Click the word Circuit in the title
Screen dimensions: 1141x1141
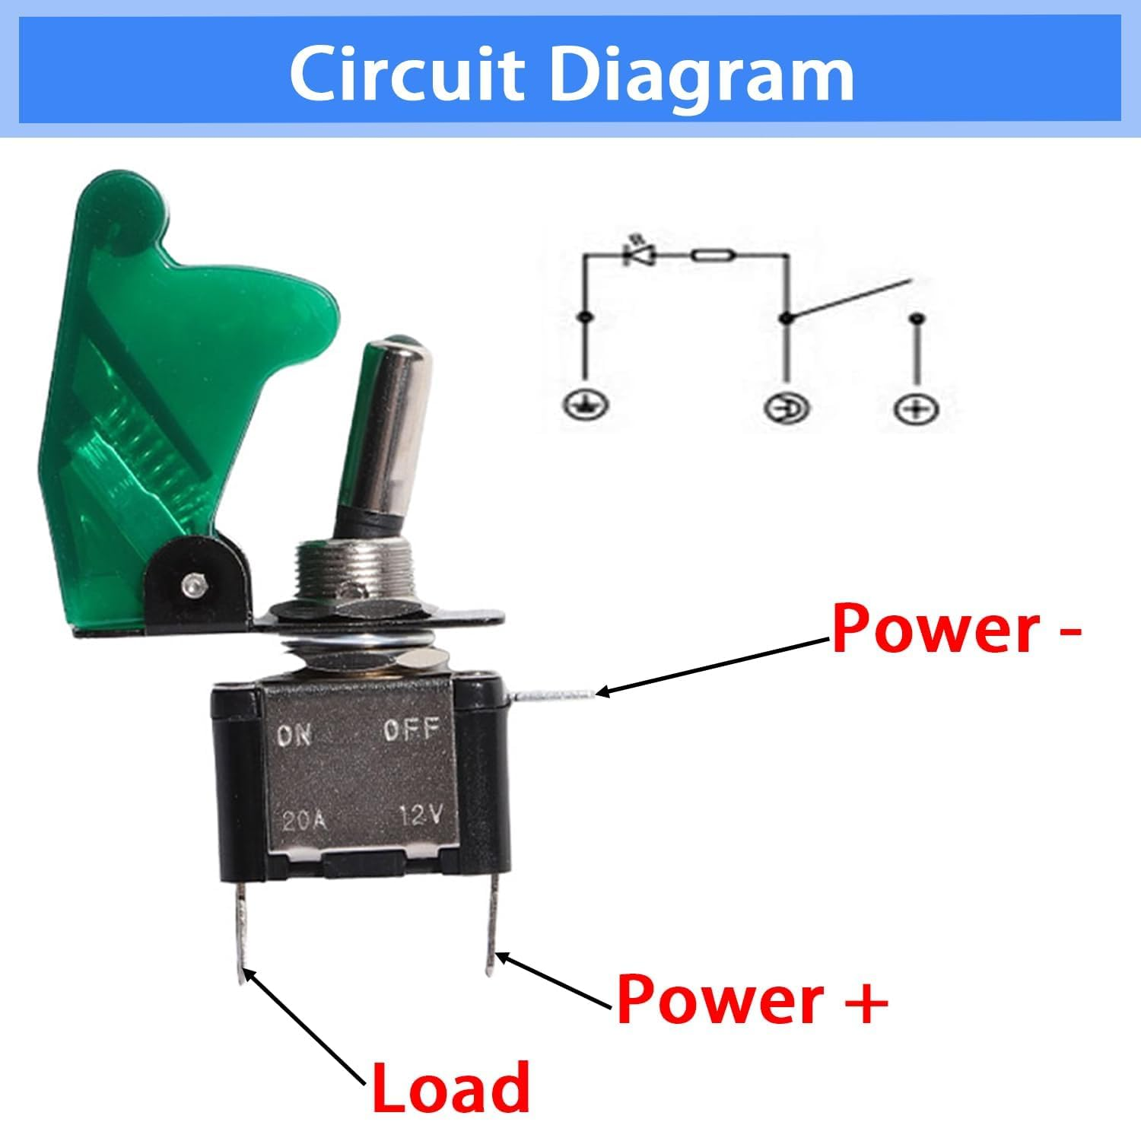[407, 74]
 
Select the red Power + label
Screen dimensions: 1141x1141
[752, 1000]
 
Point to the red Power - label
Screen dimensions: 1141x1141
[955, 630]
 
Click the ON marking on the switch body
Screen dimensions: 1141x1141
[294, 735]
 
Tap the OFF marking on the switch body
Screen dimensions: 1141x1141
[412, 731]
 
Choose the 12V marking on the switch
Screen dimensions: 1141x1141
[421, 817]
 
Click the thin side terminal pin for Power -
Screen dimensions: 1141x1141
[555, 693]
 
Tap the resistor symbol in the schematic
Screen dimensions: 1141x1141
[713, 255]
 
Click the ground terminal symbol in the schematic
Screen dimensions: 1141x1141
[585, 404]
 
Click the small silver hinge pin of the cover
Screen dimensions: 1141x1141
[190, 586]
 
